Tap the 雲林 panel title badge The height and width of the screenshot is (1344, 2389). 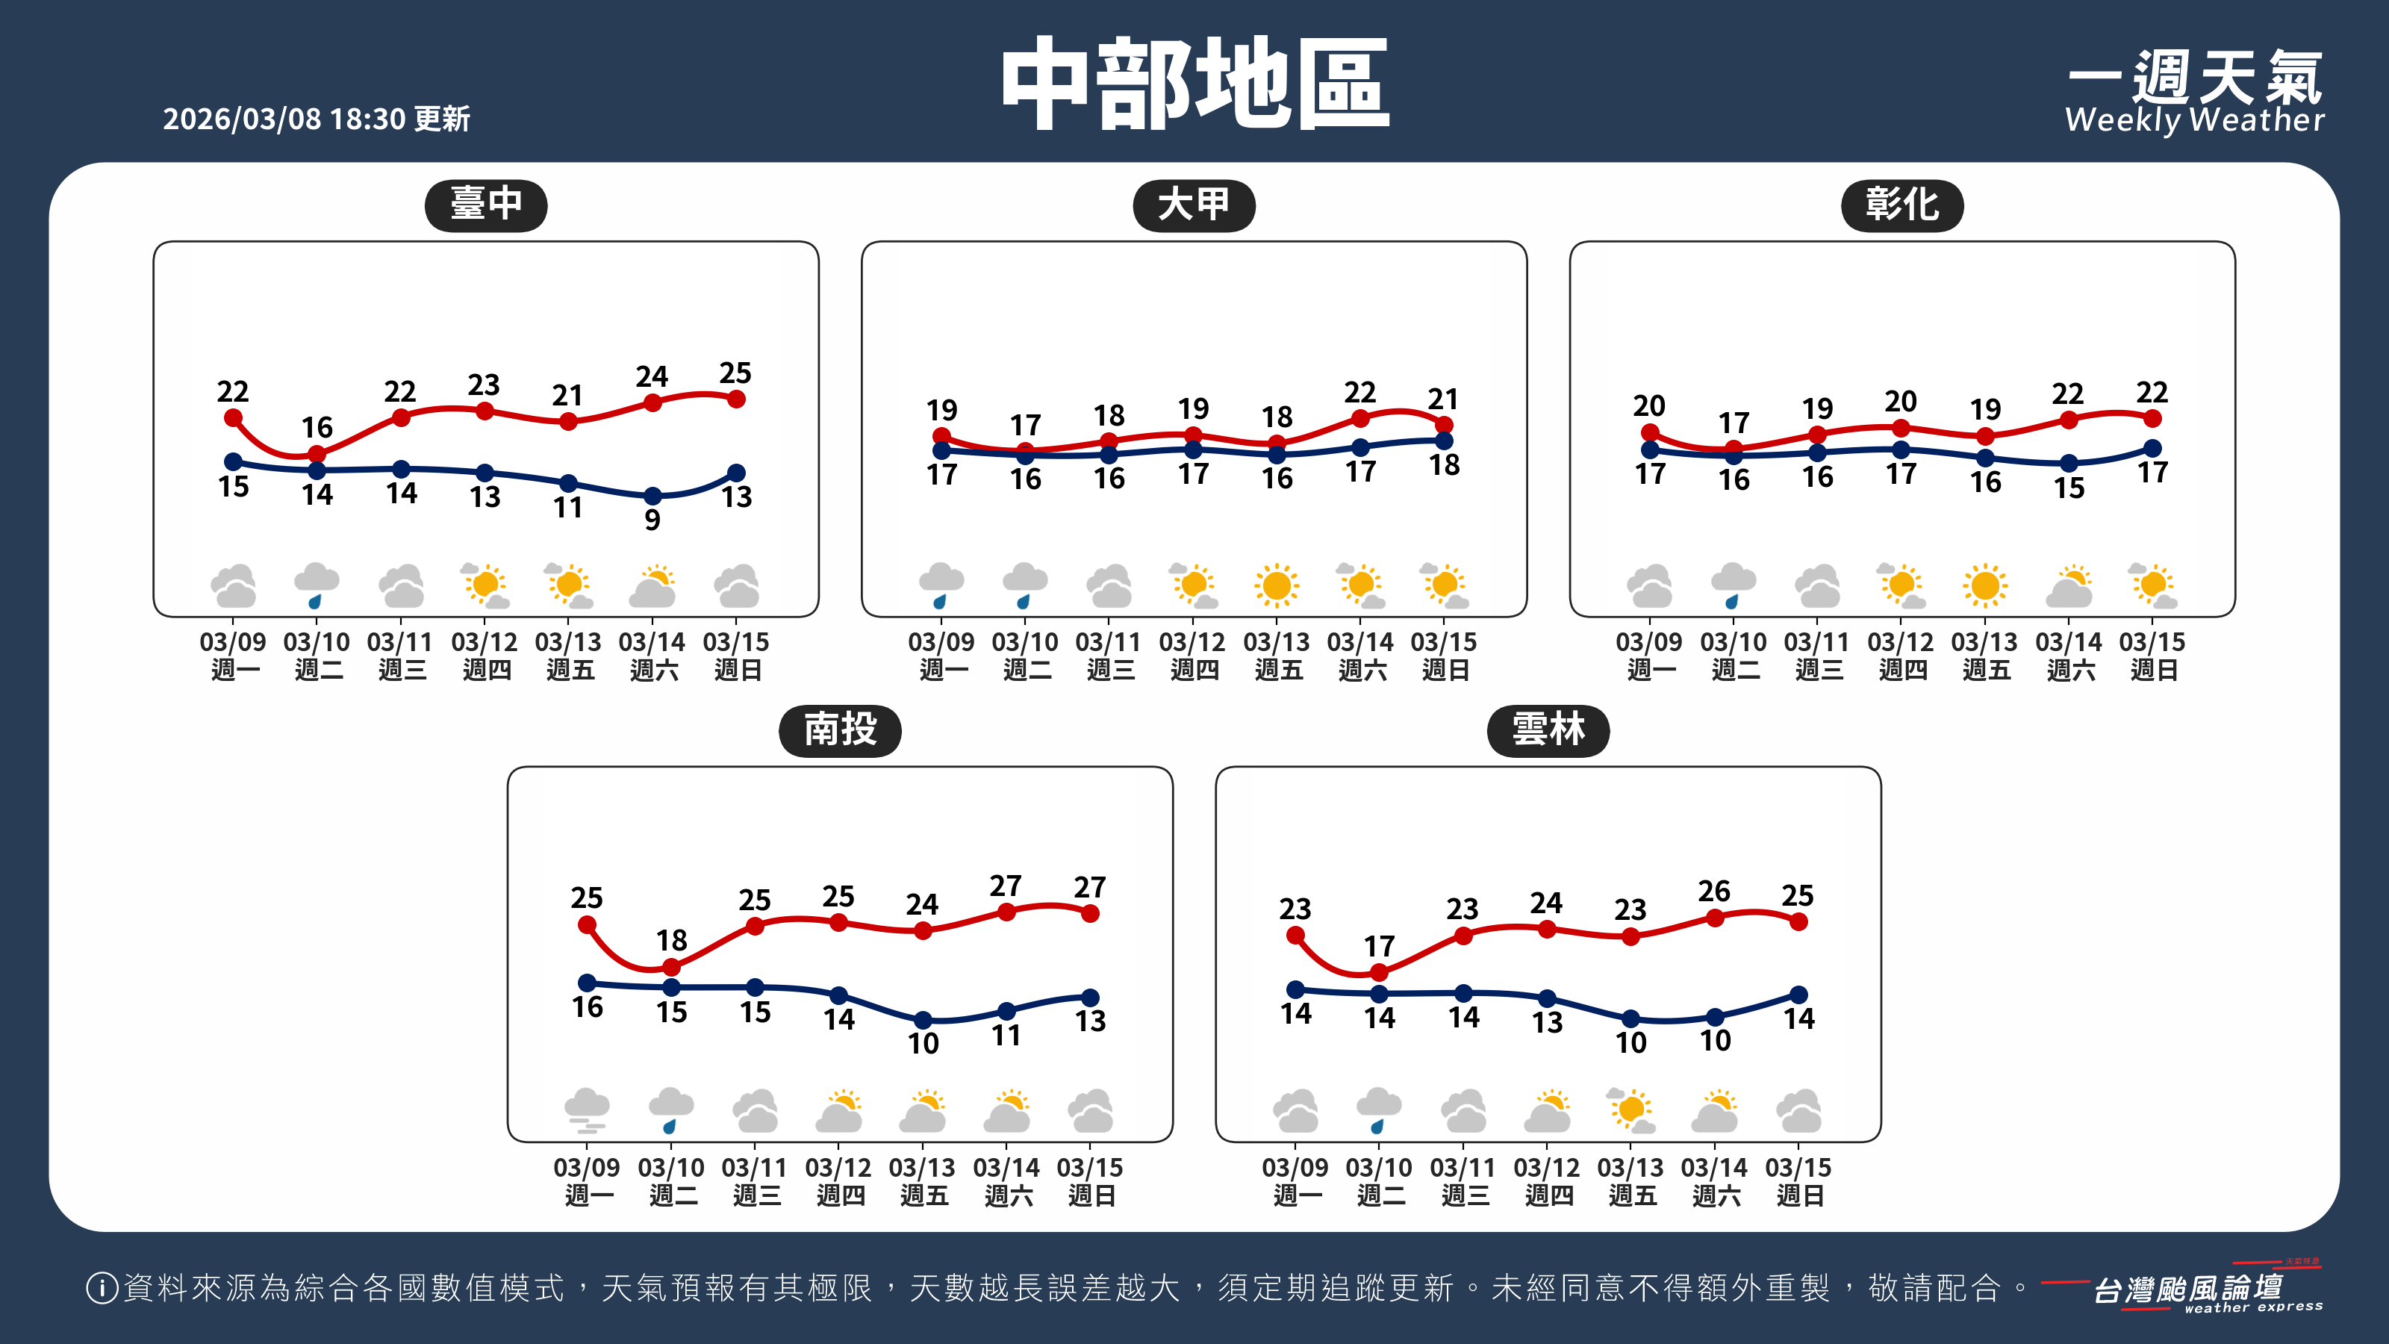[1548, 730]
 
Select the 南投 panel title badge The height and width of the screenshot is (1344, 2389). [839, 730]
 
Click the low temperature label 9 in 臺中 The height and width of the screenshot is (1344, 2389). [652, 520]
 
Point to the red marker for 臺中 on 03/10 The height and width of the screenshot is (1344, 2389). [317, 453]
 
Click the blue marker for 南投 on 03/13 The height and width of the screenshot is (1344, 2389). [923, 1020]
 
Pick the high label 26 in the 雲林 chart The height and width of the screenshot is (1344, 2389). [1714, 892]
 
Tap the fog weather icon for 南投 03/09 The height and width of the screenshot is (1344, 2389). [586, 1111]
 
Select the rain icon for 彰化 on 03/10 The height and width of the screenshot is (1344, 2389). [1732, 585]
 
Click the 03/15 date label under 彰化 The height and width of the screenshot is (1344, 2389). [2152, 642]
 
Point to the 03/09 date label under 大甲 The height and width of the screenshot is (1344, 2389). [941, 642]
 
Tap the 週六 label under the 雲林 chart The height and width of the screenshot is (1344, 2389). [1716, 1195]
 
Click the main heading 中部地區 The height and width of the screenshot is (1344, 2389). [1194, 84]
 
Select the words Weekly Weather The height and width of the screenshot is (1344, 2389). [2194, 120]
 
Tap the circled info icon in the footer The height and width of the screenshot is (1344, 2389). [101, 1287]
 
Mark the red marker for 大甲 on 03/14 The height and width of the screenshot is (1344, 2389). [1360, 419]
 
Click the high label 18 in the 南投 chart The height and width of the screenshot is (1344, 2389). [671, 941]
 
